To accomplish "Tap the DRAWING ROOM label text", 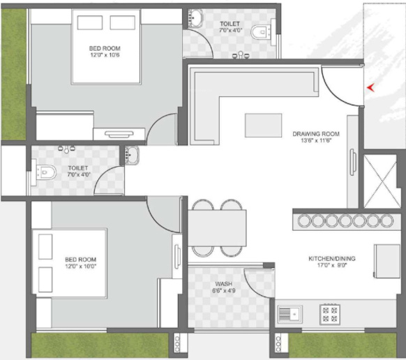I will point(315,133).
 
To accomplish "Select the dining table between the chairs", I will point(218,227).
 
